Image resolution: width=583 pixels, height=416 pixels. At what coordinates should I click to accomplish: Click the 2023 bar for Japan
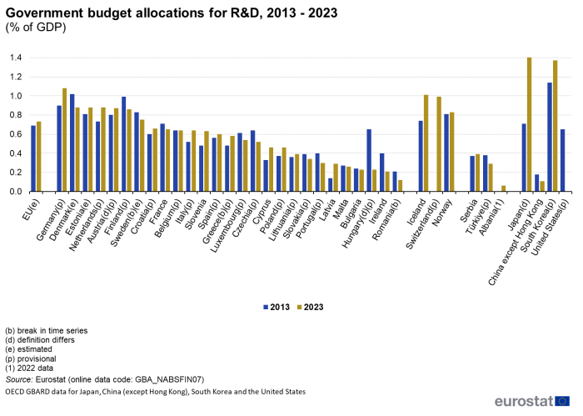click(x=529, y=124)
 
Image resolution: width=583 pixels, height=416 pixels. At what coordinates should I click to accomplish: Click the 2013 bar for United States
click(x=563, y=160)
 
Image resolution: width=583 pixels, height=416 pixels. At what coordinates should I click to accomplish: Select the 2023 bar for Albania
click(x=503, y=188)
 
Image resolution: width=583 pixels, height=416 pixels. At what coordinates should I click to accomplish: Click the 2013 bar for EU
click(x=33, y=158)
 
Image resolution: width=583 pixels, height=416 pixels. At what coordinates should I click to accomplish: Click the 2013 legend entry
click(x=278, y=307)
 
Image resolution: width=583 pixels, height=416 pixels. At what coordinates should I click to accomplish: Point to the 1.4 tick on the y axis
click(x=16, y=58)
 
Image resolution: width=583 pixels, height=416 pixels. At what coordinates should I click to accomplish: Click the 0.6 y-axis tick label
click(x=16, y=134)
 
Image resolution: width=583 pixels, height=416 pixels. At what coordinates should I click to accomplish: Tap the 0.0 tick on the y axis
click(x=16, y=192)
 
